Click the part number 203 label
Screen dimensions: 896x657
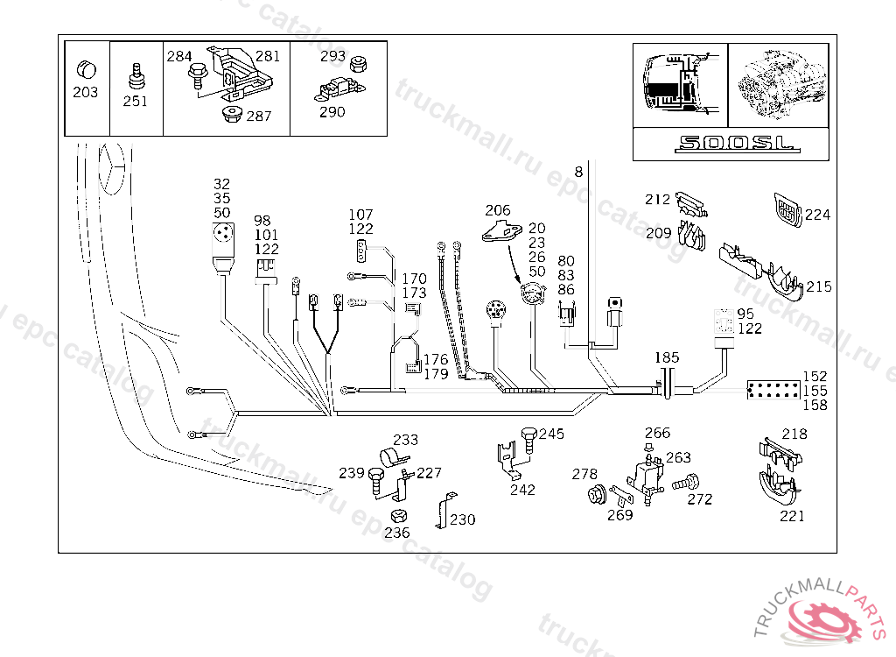coord(85,92)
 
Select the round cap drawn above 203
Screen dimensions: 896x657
coord(87,70)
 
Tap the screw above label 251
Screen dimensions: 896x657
coord(136,77)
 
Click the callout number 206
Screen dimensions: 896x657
coord(497,210)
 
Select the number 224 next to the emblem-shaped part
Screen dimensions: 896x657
coord(817,215)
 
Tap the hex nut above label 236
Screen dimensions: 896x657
coord(399,515)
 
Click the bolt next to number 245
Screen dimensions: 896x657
coord(528,440)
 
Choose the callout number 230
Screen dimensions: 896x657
coord(462,519)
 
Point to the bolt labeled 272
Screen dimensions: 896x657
coord(686,483)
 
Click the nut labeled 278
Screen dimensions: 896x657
coord(597,494)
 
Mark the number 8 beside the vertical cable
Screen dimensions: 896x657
coord(578,172)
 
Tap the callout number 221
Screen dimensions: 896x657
coord(792,516)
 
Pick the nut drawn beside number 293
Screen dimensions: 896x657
coord(358,64)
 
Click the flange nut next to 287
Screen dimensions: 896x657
coord(231,114)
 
